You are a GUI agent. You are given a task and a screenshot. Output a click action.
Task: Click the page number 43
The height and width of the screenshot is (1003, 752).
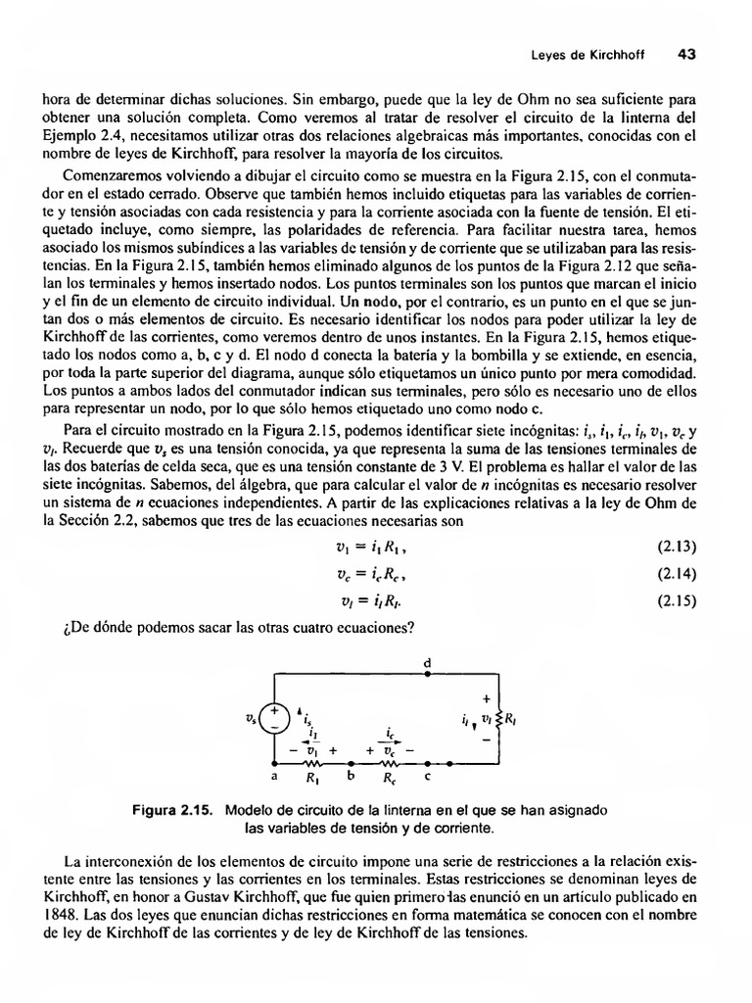click(685, 55)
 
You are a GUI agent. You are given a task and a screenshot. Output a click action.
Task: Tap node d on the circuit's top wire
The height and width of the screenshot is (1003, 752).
click(427, 674)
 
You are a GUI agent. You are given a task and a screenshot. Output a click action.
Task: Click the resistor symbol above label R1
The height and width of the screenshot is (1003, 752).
click(312, 763)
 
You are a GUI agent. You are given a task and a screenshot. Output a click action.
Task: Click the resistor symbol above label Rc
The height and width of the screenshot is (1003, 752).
click(389, 763)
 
